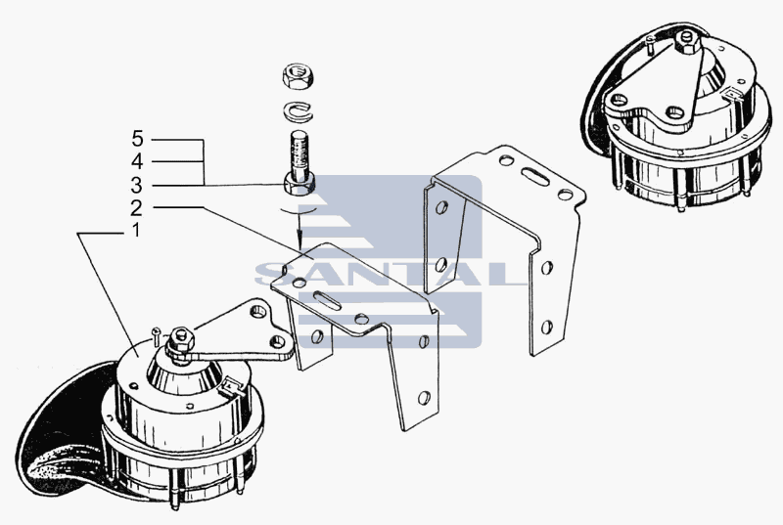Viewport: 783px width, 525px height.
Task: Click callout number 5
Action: pos(137,139)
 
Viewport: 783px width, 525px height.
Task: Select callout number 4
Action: pos(137,161)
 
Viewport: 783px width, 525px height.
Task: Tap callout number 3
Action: pos(137,185)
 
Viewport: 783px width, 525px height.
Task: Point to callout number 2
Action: pos(136,207)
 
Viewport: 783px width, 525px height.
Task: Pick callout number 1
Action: pos(135,231)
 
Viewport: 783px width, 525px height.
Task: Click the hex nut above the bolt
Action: pos(298,76)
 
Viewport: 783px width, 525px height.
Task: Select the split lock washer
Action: pos(299,110)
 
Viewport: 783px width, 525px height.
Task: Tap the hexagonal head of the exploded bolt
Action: pos(299,184)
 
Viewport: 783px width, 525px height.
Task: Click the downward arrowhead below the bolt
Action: pos(299,243)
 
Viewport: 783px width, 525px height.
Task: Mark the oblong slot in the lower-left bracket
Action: pos(328,301)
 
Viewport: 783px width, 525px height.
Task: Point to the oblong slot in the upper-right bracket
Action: pos(535,177)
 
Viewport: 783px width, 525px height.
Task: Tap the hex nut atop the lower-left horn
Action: pos(181,339)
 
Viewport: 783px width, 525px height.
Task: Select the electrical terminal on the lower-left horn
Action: pos(232,386)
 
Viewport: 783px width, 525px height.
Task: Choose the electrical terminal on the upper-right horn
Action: pos(733,94)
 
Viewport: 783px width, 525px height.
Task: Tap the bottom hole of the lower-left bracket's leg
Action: pos(424,397)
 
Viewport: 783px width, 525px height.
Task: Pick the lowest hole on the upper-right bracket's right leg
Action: pos(547,328)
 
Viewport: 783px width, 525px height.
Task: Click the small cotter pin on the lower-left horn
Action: pos(156,335)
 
